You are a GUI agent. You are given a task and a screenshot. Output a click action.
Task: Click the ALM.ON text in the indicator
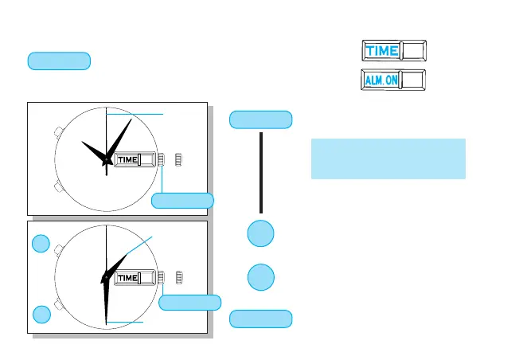click(x=381, y=81)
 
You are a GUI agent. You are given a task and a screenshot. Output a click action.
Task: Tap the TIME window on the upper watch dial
click(x=127, y=159)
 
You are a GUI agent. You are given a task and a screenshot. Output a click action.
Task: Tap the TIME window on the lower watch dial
click(x=127, y=278)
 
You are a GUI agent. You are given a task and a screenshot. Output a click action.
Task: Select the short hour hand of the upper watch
click(x=93, y=151)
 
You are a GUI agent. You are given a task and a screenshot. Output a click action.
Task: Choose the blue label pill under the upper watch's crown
click(x=182, y=201)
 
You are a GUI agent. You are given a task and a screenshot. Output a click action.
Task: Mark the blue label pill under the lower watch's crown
click(x=190, y=302)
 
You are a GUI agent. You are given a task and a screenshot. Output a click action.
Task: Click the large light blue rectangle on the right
click(x=388, y=158)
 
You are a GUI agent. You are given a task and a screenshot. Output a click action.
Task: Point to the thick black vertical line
click(x=260, y=172)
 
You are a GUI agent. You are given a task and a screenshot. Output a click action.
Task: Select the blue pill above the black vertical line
click(x=260, y=120)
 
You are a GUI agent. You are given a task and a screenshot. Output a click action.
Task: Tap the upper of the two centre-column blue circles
click(x=260, y=233)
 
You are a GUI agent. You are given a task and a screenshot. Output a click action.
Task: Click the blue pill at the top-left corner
click(x=59, y=61)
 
